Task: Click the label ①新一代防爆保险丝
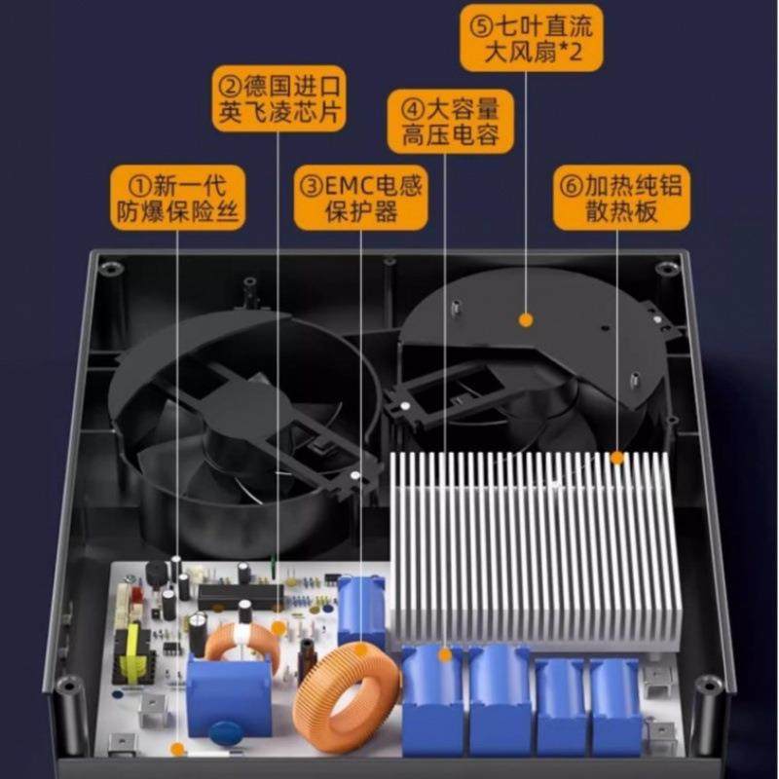177,197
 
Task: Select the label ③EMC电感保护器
359,199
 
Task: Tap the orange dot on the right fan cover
526,318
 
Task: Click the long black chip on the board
240,594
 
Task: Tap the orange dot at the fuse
178,749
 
